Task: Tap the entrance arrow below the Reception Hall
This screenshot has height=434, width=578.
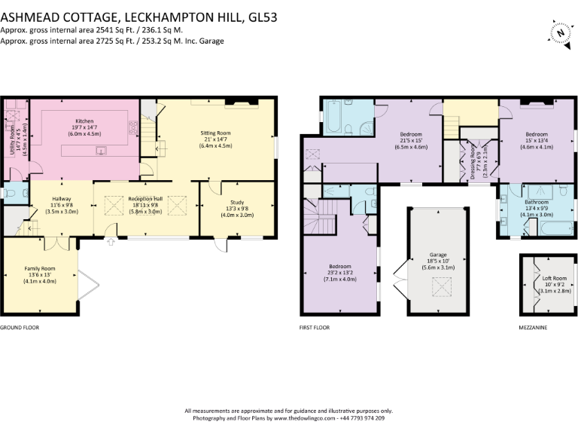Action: point(111,242)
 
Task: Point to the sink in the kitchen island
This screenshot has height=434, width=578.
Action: point(99,149)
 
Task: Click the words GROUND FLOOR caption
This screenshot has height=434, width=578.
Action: point(20,329)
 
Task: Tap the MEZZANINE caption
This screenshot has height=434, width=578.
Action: point(534,329)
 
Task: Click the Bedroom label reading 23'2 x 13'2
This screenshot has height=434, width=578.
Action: point(339,272)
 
